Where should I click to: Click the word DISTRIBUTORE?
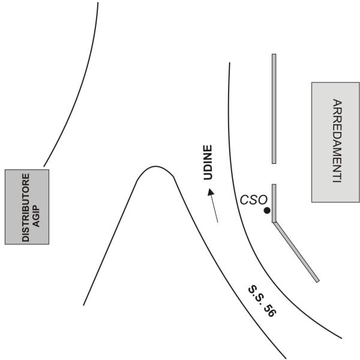click(x=26, y=208)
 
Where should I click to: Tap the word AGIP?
click(x=36, y=215)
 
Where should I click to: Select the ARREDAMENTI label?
click(x=337, y=141)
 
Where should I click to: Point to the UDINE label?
click(x=208, y=163)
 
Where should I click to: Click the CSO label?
click(x=254, y=200)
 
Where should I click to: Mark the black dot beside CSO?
click(x=267, y=211)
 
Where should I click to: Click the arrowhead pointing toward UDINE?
click(x=211, y=192)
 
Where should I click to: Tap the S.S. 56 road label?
click(x=262, y=301)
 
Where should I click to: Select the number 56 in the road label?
click(x=269, y=310)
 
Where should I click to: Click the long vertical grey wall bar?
click(x=274, y=109)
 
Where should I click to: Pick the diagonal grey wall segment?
click(x=296, y=252)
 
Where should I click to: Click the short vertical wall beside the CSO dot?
click(x=274, y=203)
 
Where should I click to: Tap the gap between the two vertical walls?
click(x=274, y=174)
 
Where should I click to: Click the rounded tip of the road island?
click(x=155, y=166)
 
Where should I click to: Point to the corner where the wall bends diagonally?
click(x=274, y=222)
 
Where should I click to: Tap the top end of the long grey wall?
click(x=274, y=54)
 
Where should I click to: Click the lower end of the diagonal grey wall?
click(x=318, y=281)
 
